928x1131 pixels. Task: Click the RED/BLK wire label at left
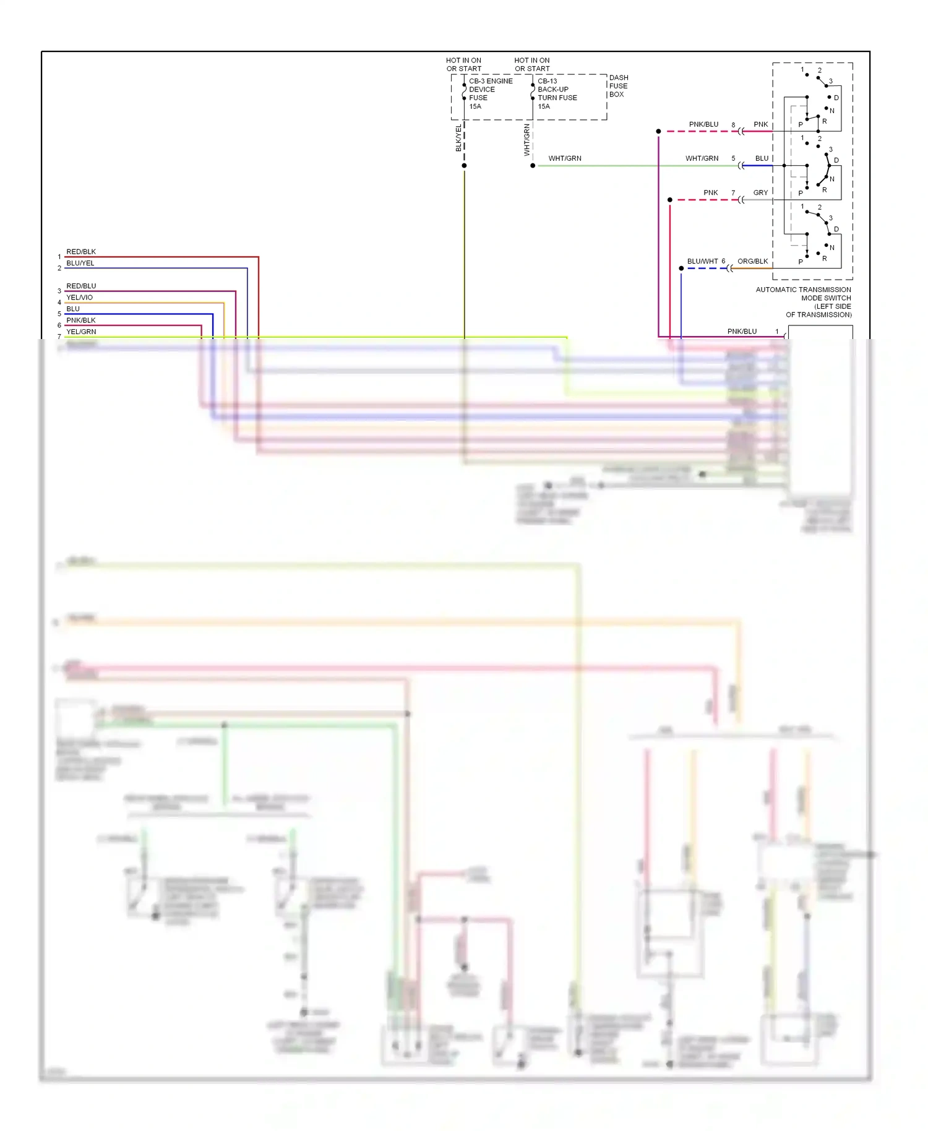coord(81,252)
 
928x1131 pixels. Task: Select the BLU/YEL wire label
coord(80,263)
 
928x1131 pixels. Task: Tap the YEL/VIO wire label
coord(79,298)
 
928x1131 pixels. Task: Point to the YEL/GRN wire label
coord(81,332)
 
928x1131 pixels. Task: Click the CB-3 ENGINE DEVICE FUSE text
coord(490,93)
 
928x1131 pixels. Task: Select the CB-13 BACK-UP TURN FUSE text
coord(557,93)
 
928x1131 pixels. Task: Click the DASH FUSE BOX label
coord(618,86)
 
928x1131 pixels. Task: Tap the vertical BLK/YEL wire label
coord(458,138)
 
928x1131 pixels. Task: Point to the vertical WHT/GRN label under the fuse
coord(527,140)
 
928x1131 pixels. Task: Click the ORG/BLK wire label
coord(752,261)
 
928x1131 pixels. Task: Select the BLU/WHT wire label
coord(702,261)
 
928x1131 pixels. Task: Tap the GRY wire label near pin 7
coord(760,192)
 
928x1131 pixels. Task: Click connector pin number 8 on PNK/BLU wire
coord(733,125)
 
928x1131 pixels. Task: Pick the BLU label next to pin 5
coord(762,158)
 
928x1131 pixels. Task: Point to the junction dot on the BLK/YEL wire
coord(464,166)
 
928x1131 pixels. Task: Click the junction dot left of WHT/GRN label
coord(533,166)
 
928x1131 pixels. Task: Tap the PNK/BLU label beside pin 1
coord(742,332)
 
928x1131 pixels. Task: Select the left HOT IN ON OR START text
coord(463,64)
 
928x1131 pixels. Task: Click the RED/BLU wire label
coord(81,286)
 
